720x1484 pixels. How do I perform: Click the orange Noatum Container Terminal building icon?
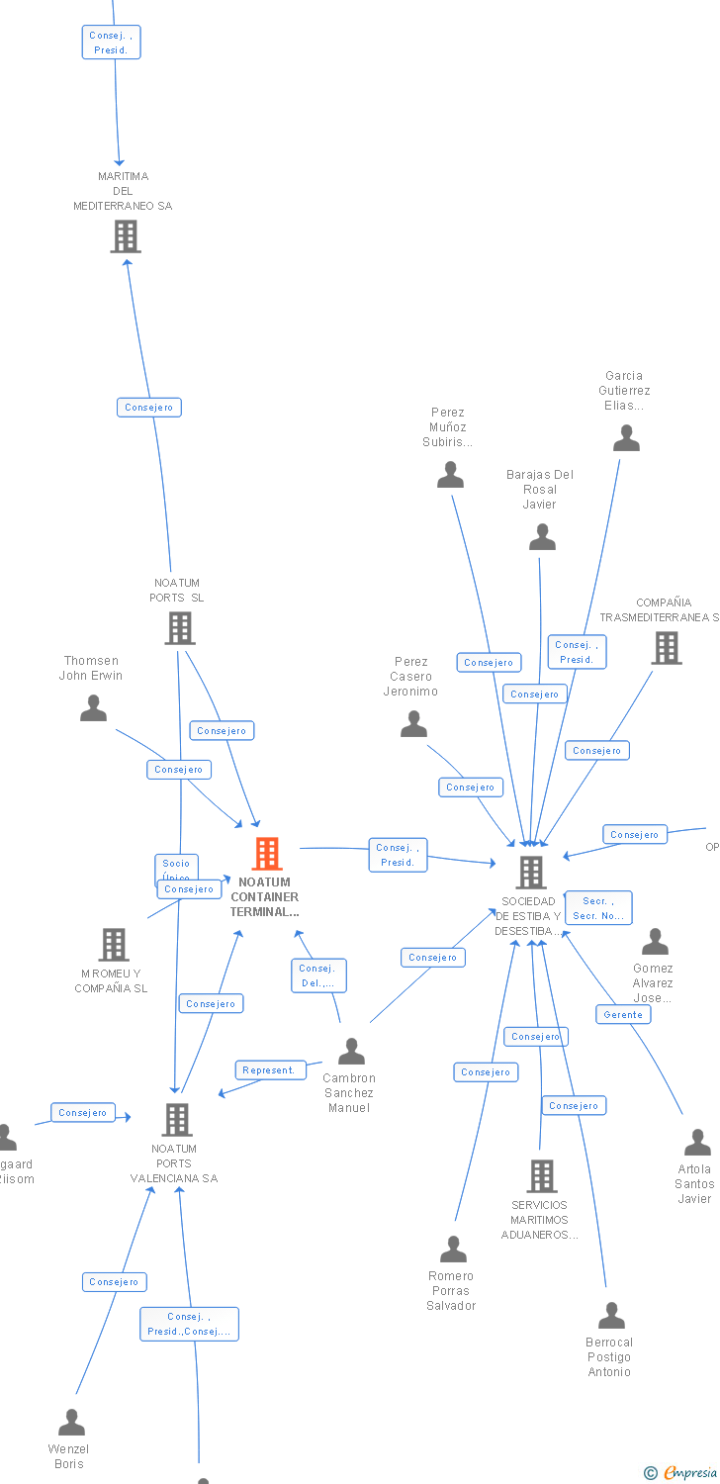click(x=267, y=853)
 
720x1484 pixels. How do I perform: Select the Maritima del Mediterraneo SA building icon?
click(x=126, y=236)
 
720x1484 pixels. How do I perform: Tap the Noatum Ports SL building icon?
click(x=179, y=627)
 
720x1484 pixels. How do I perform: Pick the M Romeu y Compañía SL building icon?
click(x=114, y=944)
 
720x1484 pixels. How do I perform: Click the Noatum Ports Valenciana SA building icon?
click(x=176, y=1119)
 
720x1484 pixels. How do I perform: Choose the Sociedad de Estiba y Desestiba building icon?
click(x=531, y=872)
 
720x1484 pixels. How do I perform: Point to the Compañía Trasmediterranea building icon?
click(x=667, y=647)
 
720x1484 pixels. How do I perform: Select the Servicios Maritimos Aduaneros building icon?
click(x=541, y=1175)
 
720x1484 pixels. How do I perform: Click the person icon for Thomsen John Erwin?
click(x=94, y=708)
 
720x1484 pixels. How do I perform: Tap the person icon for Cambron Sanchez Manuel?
click(x=351, y=1051)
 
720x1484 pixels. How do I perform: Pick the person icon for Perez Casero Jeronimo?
click(x=413, y=724)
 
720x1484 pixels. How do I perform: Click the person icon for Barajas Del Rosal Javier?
click(x=542, y=537)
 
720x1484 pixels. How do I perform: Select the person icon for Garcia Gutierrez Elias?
click(x=626, y=438)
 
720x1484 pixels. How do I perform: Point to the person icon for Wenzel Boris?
click(x=71, y=1422)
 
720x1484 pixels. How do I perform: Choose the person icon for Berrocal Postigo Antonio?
click(x=611, y=1315)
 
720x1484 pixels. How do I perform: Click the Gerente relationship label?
click(x=623, y=1014)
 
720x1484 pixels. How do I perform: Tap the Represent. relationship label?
click(x=269, y=1069)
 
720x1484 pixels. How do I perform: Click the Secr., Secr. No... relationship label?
click(x=598, y=907)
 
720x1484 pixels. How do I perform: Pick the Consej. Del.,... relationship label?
click(x=318, y=975)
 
